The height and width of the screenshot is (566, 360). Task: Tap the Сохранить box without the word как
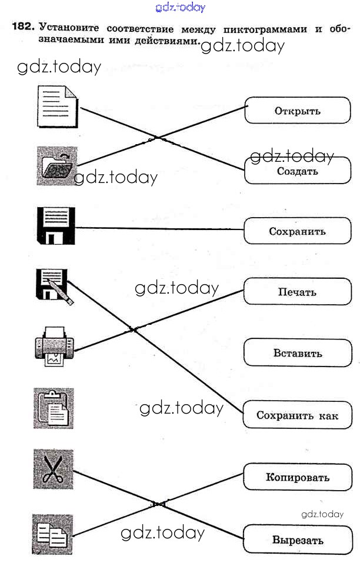click(x=297, y=231)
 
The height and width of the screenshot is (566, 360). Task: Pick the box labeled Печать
click(x=297, y=292)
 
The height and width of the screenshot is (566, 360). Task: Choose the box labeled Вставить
click(x=297, y=354)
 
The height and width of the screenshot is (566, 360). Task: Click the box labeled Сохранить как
click(x=297, y=415)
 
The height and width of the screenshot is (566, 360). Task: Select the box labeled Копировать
click(x=297, y=477)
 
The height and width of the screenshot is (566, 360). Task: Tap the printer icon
click(x=54, y=347)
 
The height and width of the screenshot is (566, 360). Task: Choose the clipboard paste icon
click(x=54, y=408)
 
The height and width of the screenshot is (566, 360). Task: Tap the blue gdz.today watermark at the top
click(x=180, y=8)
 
